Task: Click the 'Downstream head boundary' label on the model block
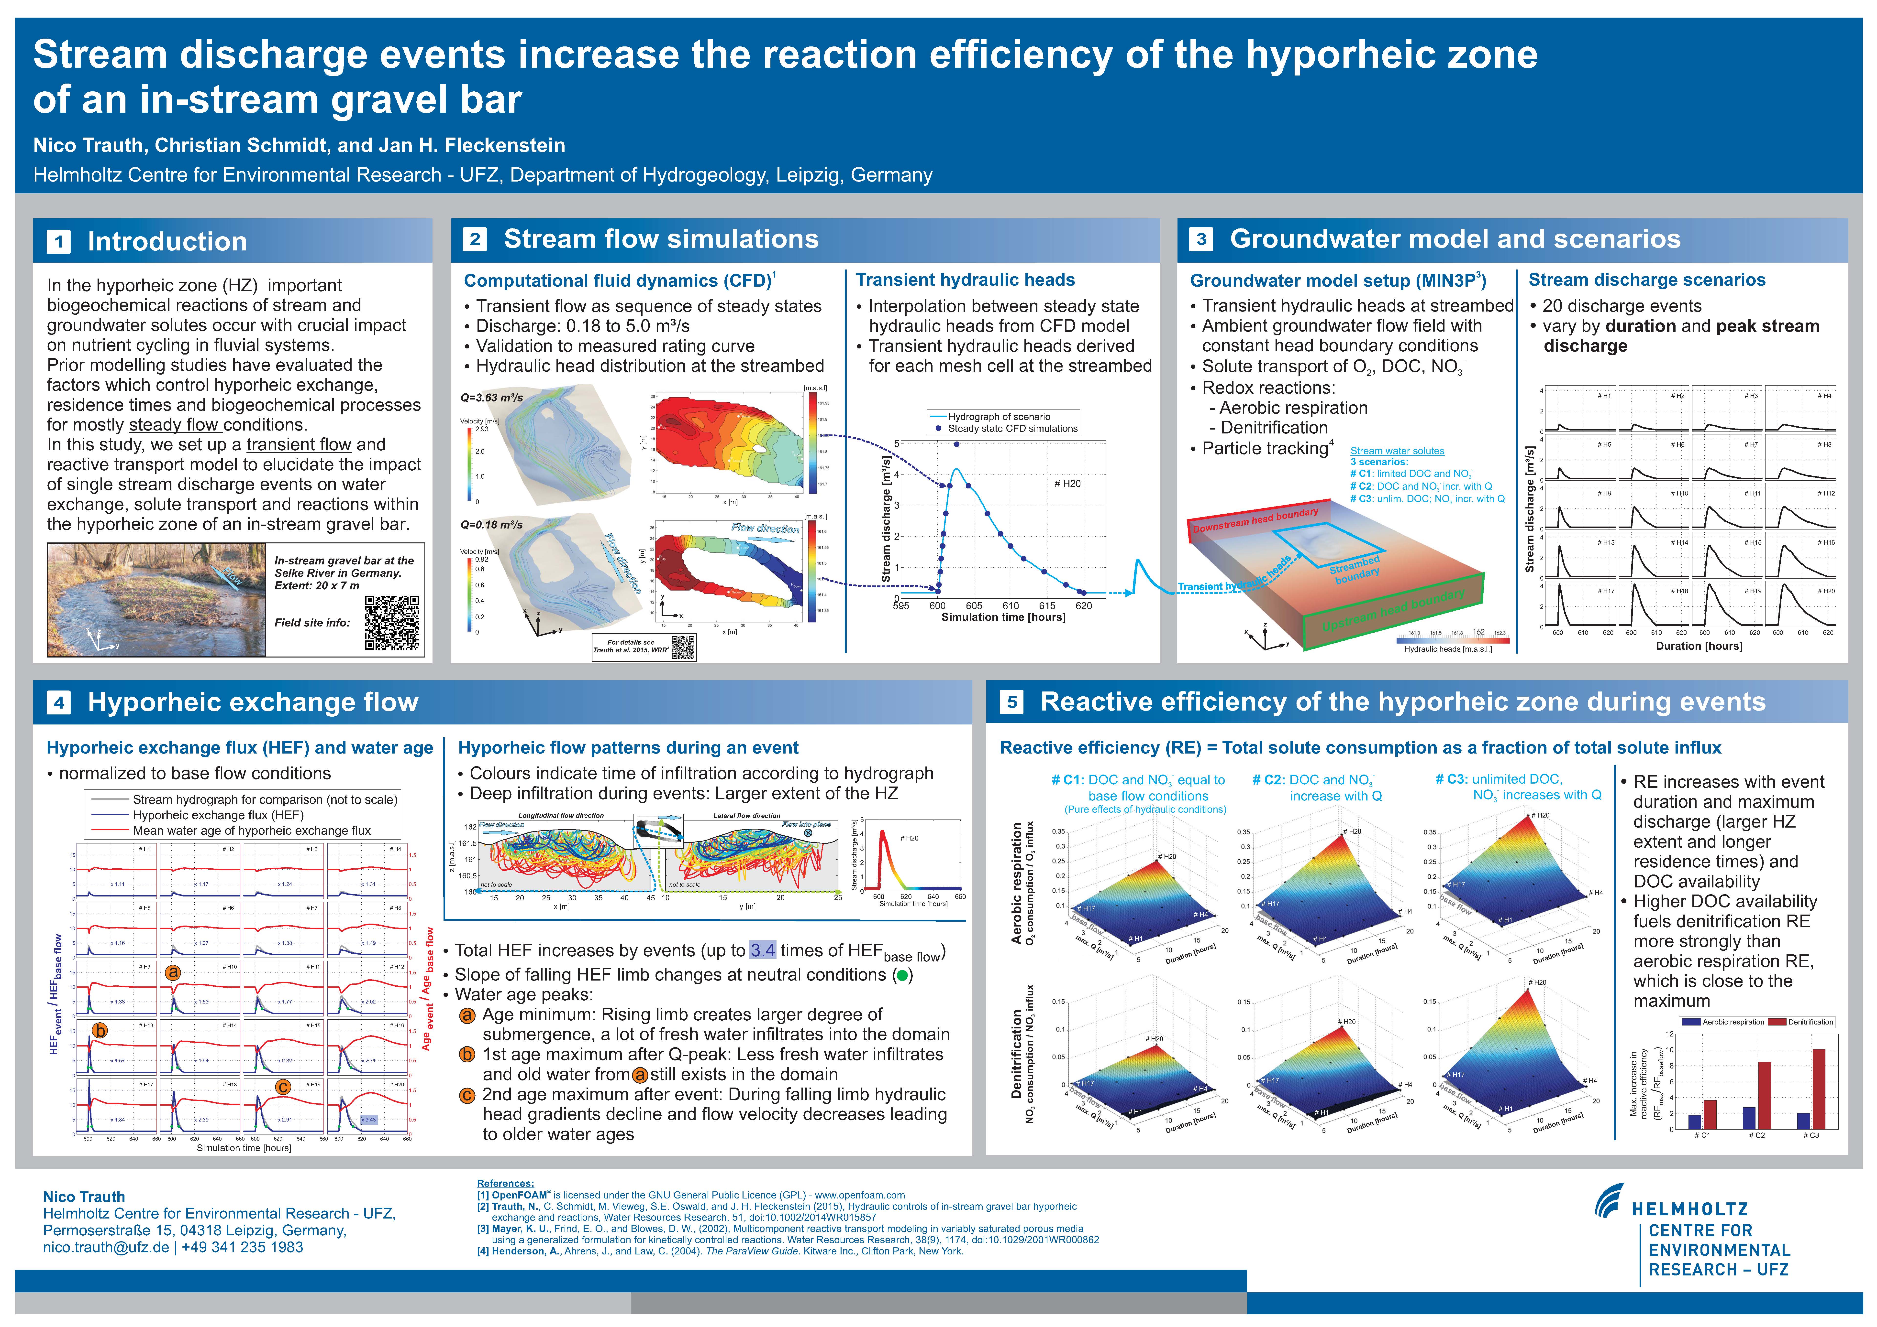point(1255,520)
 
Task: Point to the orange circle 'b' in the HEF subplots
point(100,1030)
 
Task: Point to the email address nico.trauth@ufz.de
point(106,1248)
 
